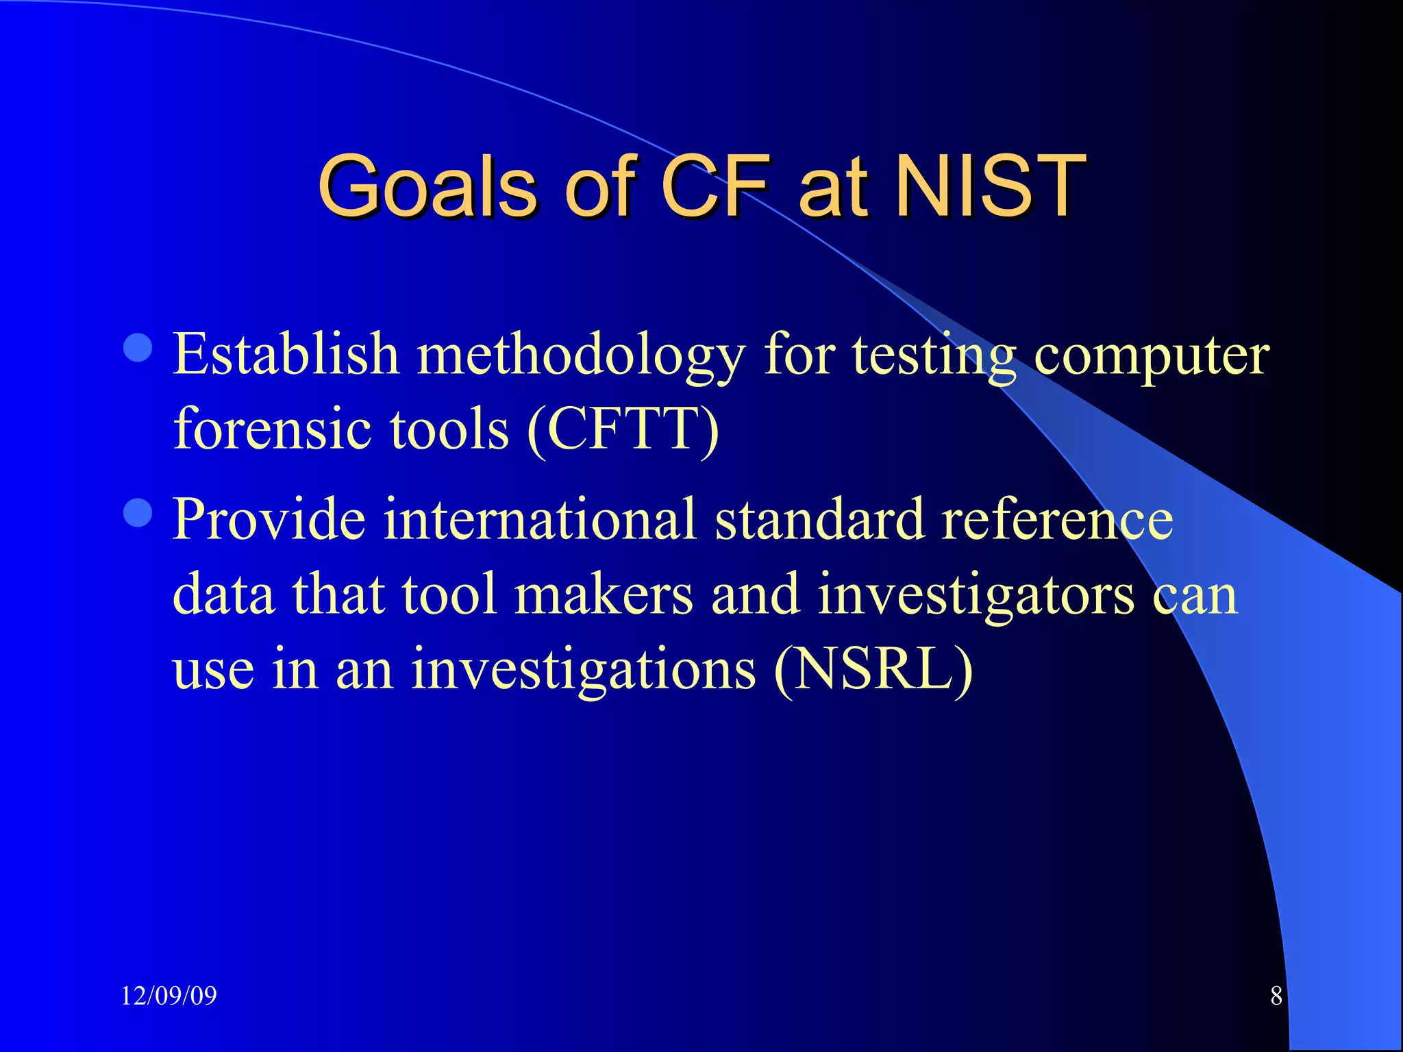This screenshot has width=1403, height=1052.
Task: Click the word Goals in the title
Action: pos(426,186)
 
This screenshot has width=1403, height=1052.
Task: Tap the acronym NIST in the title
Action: pos(991,186)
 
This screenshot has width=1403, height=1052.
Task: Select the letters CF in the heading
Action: pos(715,186)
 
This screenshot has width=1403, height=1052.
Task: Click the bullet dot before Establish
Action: pos(138,347)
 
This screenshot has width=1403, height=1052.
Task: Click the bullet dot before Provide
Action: pos(138,512)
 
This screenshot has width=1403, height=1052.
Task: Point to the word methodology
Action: pos(581,356)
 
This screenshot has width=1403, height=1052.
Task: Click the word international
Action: pos(539,518)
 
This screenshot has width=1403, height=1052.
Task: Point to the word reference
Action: pos(1057,518)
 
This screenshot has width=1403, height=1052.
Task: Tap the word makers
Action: pos(604,594)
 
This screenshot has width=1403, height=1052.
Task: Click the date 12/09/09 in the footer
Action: pos(169,995)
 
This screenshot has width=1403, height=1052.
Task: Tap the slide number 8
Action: pos(1276,995)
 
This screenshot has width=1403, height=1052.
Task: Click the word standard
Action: pos(819,518)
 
